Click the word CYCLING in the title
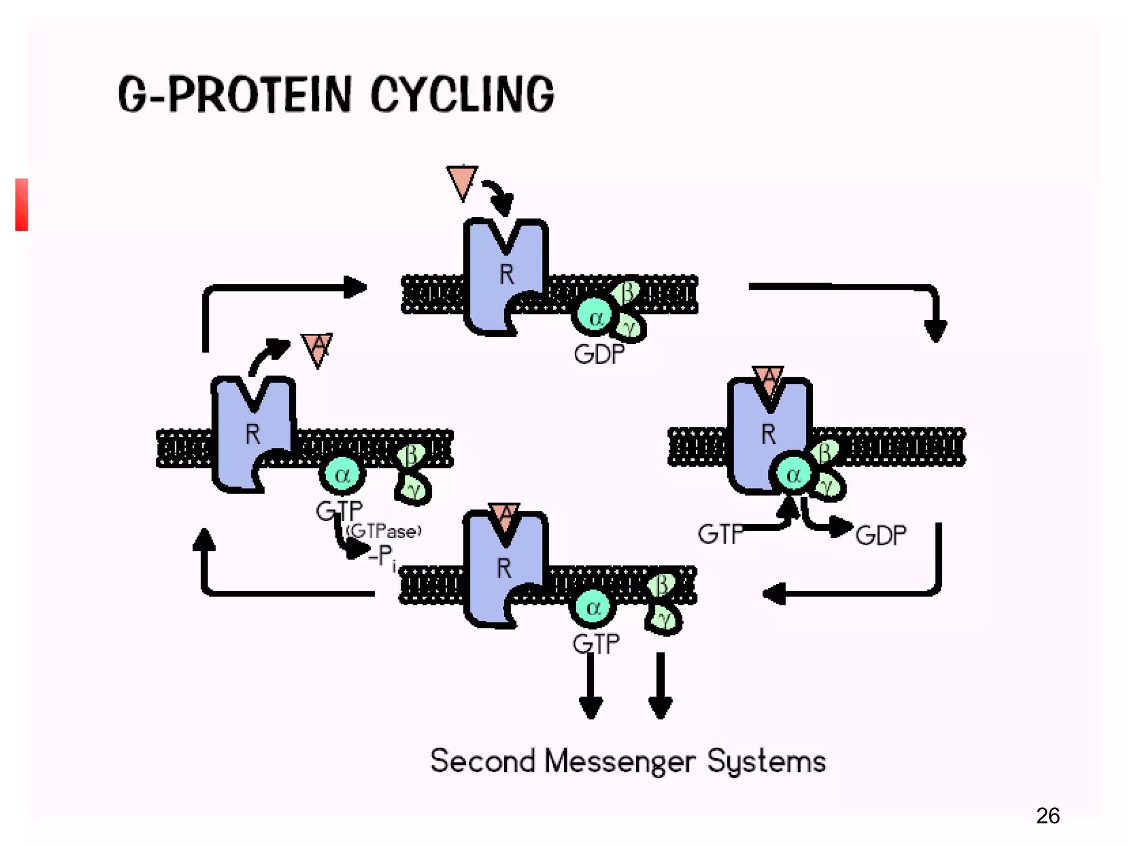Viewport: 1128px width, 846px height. (x=462, y=95)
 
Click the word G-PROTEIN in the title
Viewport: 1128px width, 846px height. (x=235, y=95)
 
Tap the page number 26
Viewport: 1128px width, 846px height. (x=1048, y=816)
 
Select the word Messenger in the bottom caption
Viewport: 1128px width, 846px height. (x=620, y=762)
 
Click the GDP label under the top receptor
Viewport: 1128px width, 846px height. (x=599, y=354)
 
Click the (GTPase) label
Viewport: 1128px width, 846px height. (x=384, y=531)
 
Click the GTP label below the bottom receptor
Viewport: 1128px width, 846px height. (x=596, y=643)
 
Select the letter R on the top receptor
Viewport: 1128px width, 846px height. (x=507, y=274)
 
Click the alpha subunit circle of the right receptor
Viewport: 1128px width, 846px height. (x=793, y=474)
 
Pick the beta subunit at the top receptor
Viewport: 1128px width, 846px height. (x=627, y=292)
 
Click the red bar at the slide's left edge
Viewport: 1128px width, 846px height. (x=21, y=204)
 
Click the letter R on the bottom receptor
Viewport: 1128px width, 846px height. (x=505, y=568)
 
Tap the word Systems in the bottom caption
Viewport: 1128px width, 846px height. (x=766, y=762)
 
